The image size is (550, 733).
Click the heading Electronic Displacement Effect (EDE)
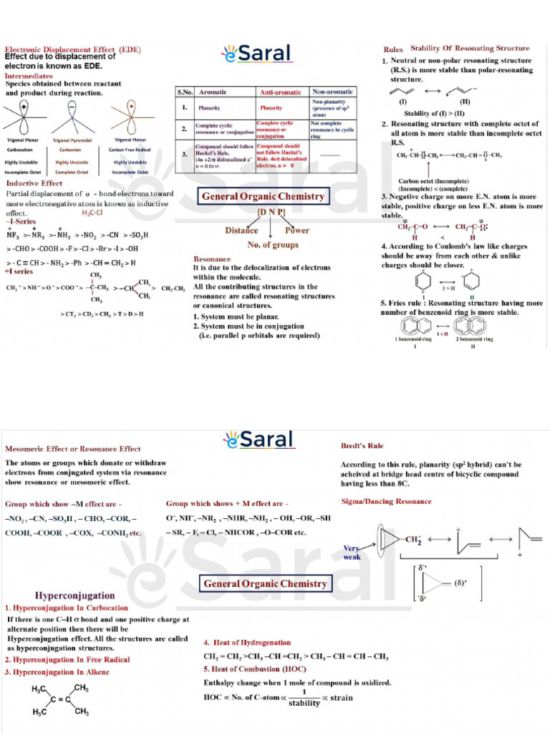coord(73,49)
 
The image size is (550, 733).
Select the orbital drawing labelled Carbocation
coord(25,117)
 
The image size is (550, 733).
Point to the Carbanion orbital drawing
coord(72,117)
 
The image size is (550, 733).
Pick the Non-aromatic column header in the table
coord(332,92)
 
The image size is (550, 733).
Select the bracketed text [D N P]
coord(271,213)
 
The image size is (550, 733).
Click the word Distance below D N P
coord(241,230)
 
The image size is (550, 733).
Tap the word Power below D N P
coord(297,230)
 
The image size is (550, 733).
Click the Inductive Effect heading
coord(34,183)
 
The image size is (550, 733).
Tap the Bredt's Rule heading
coord(362,446)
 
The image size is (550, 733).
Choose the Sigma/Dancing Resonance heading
coord(386,501)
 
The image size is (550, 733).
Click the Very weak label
coord(352,552)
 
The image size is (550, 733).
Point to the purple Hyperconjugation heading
coord(74,596)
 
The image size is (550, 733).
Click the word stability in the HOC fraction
coord(304,703)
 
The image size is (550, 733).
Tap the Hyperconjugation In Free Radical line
coord(67,659)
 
